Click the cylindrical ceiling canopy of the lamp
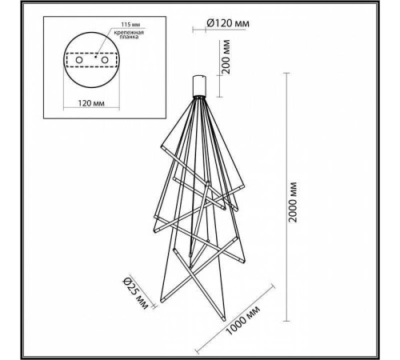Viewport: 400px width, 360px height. (x=200, y=84)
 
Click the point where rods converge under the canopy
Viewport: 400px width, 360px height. (x=200, y=97)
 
